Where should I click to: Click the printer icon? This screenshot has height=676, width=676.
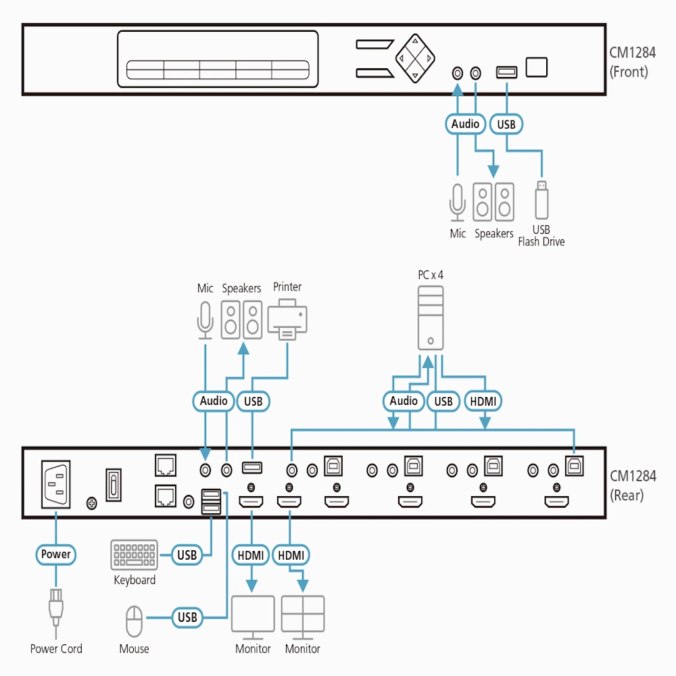(287, 320)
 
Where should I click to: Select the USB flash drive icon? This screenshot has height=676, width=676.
(541, 200)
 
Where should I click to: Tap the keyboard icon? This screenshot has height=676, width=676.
(134, 555)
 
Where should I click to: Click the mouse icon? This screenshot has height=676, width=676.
(134, 621)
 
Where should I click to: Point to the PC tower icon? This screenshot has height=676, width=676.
(430, 318)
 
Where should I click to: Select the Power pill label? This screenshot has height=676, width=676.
(55, 554)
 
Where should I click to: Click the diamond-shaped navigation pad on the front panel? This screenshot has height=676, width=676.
(415, 58)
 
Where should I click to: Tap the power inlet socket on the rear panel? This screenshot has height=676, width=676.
(55, 484)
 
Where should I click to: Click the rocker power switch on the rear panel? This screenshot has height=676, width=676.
(114, 485)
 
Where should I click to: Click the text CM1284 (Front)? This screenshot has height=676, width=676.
(632, 62)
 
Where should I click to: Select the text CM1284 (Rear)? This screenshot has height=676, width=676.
(633, 486)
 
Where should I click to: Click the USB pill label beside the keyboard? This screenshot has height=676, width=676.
(187, 555)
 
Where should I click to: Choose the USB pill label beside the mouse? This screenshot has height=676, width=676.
(187, 617)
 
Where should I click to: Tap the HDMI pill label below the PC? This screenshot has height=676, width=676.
(483, 402)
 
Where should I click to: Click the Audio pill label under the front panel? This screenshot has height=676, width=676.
(465, 124)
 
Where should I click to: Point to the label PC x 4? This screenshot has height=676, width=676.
(430, 275)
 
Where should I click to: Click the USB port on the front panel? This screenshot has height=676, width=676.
(506, 72)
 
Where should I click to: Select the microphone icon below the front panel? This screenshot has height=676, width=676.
(458, 203)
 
